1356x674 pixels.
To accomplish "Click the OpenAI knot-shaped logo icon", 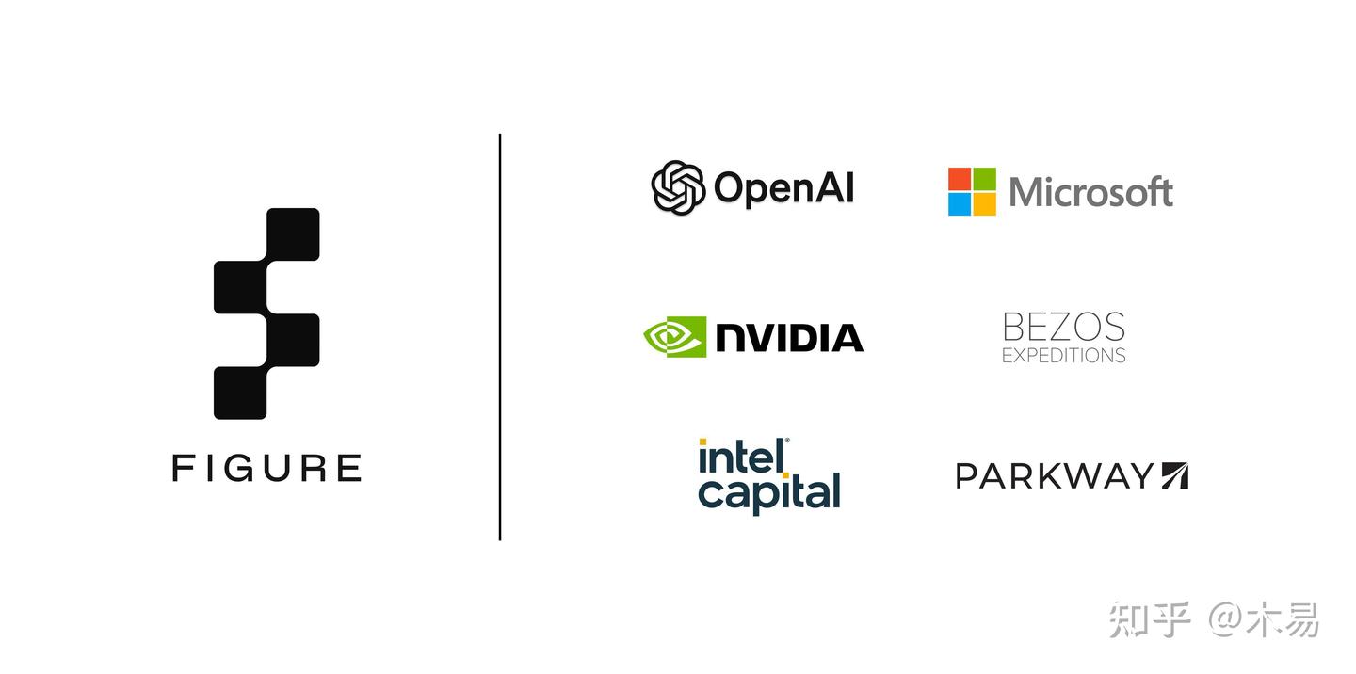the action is (678, 187).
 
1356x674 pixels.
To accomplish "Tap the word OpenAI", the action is (783, 188).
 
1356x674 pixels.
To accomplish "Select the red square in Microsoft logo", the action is (959, 179).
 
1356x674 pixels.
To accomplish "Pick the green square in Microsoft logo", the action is (984, 179).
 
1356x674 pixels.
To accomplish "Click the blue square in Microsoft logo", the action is (959, 204).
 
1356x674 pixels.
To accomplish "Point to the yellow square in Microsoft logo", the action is (984, 204).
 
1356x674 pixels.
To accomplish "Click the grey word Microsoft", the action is (1090, 192).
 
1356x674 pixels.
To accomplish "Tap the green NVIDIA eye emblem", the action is (675, 336).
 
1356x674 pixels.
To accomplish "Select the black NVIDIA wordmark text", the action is (789, 337).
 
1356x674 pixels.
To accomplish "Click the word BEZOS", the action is (1064, 328).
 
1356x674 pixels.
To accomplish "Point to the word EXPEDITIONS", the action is (1064, 355).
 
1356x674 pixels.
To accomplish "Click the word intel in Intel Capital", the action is (744, 457).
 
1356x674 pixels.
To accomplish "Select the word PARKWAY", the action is (1055, 475).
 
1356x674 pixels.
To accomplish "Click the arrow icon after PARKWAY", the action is (1175, 475).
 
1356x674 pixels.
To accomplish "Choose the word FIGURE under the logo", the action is (267, 468).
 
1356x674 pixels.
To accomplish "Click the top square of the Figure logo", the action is (293, 234).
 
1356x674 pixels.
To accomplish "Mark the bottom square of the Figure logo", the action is (240, 393).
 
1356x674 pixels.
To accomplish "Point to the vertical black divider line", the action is (500, 337).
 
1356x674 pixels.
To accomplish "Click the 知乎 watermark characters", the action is (1150, 619).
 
